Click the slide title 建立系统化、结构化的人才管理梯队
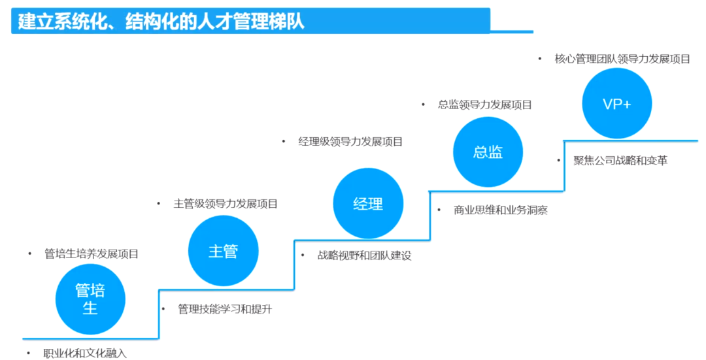point(161,21)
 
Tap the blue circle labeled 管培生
point(90,299)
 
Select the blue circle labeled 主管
point(223,251)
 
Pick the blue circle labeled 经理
point(368,203)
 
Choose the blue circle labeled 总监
point(488,152)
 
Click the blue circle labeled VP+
point(616,103)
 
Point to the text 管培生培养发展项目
point(92,254)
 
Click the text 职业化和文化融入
point(85,353)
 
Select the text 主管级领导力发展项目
point(226,204)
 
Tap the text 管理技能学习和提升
point(225,309)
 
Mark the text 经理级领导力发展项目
point(350,141)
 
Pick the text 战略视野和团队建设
point(365,255)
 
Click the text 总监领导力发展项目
point(485,105)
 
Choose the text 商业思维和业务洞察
point(501,210)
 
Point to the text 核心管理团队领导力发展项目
point(622,59)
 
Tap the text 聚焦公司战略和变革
point(620,160)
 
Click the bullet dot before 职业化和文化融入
point(29,353)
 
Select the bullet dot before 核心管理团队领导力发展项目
point(540,59)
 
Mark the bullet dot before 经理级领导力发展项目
point(284,141)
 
